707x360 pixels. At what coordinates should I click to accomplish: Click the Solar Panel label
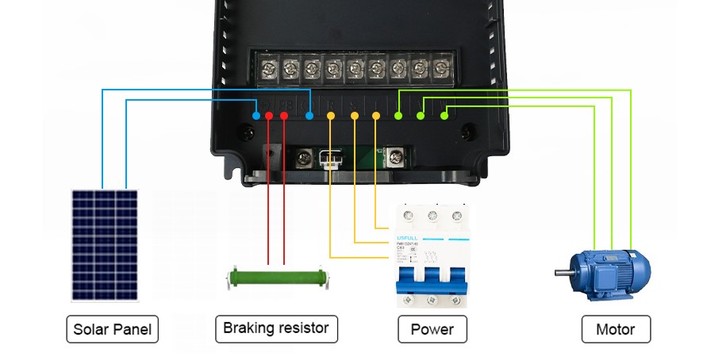[x=112, y=329]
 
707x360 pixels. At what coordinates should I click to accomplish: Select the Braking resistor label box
[x=276, y=328]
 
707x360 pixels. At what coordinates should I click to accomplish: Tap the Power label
[x=432, y=329]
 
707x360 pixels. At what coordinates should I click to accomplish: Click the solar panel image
[x=105, y=243]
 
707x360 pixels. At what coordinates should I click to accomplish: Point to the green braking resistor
[x=276, y=277]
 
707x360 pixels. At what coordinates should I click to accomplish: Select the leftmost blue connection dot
[x=256, y=117]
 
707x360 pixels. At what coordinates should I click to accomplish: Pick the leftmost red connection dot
[x=269, y=117]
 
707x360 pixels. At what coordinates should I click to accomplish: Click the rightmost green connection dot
[x=444, y=117]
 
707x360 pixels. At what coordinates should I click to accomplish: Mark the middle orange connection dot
[x=354, y=117]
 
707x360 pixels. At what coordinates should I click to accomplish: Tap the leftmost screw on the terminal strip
[x=269, y=67]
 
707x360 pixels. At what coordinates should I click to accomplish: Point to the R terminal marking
[x=331, y=105]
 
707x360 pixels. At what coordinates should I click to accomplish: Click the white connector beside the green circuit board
[x=329, y=159]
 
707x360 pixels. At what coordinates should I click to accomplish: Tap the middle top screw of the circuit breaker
[x=432, y=216]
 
